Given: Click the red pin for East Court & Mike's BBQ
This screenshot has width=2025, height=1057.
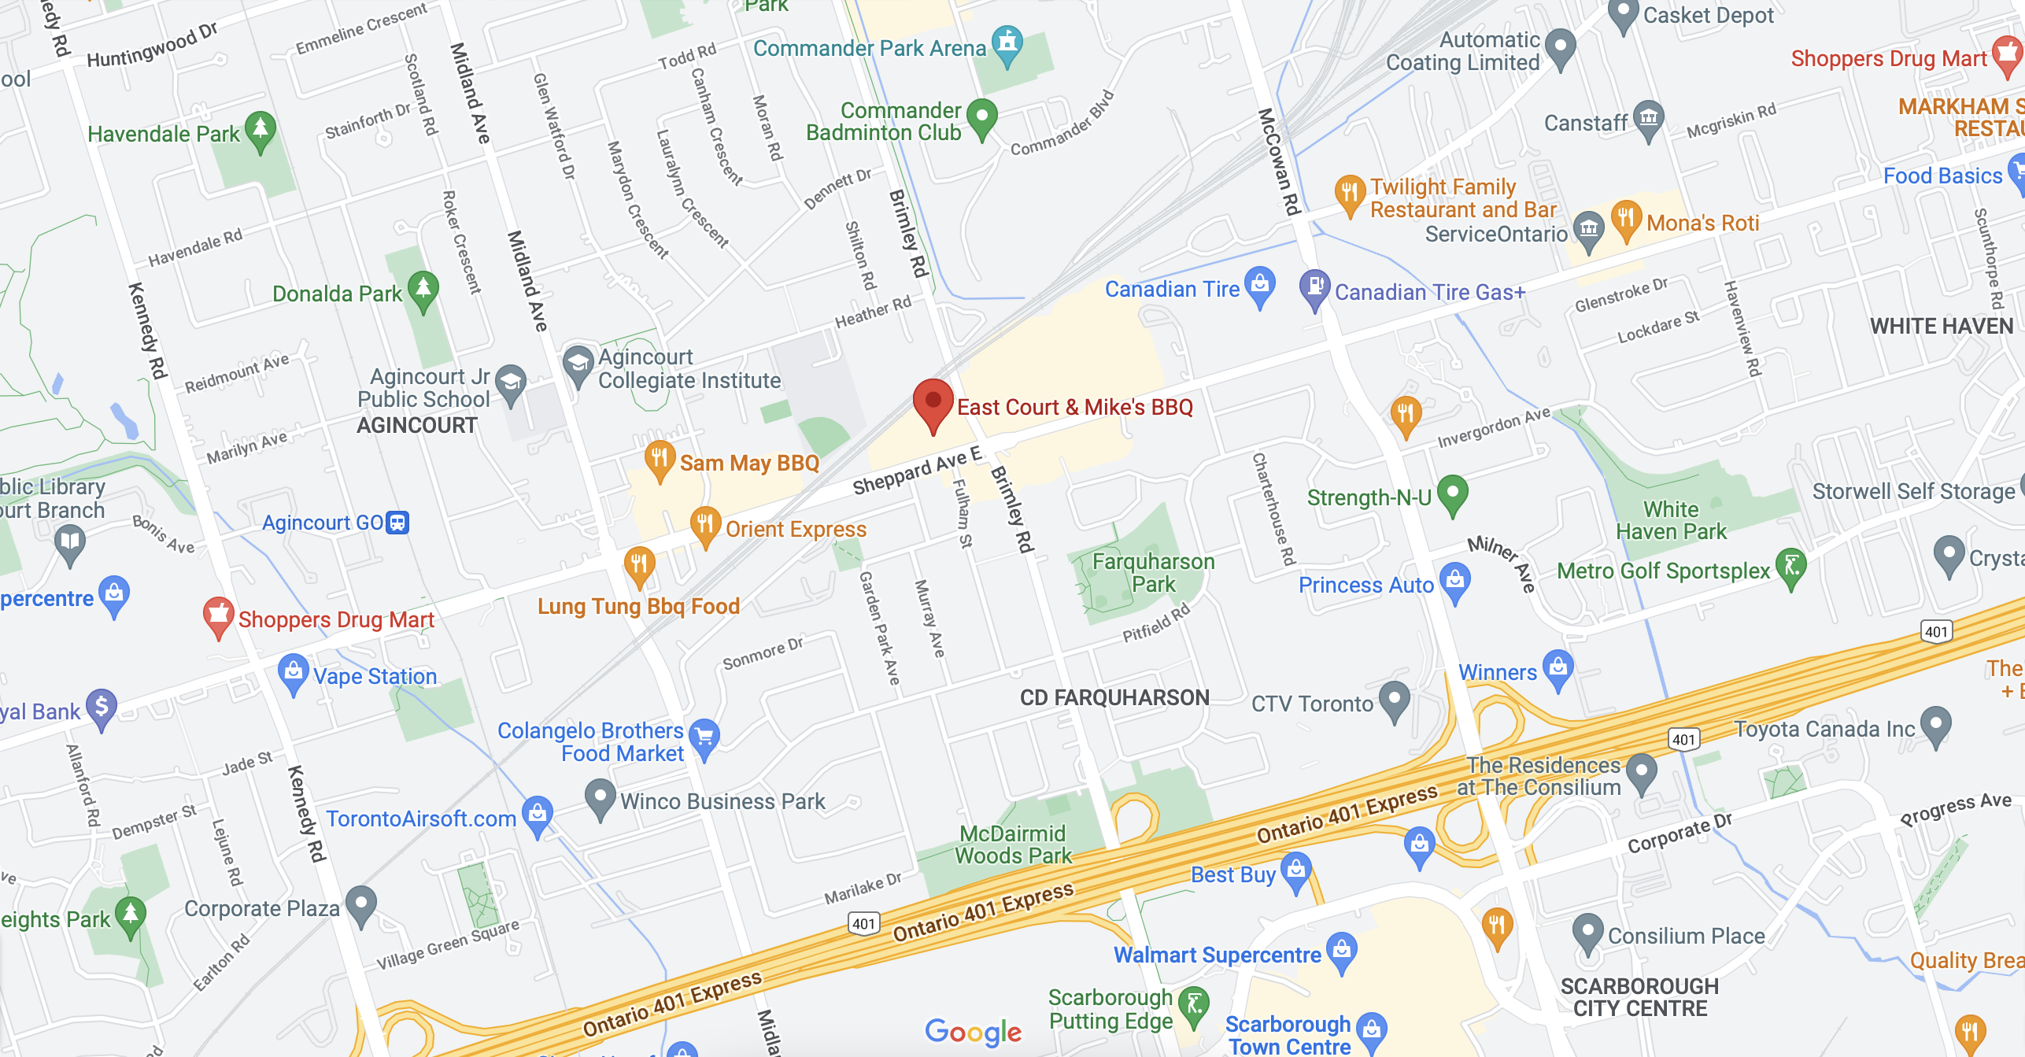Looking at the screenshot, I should pyautogui.click(x=933, y=401).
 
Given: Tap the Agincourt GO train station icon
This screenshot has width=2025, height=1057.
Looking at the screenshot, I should pyautogui.click(x=398, y=523).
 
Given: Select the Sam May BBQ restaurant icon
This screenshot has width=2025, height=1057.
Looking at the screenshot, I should pyautogui.click(x=660, y=457).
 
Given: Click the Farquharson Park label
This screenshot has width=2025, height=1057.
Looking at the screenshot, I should pyautogui.click(x=1153, y=572).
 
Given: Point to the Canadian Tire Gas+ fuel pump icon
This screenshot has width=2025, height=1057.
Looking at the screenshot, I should pyautogui.click(x=1314, y=286).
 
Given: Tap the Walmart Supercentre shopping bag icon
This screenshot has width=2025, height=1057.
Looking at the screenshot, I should pyautogui.click(x=1341, y=949).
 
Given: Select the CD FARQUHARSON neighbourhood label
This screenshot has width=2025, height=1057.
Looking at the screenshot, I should pyautogui.click(x=1114, y=697).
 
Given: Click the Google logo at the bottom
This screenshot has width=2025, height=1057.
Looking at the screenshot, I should pyautogui.click(x=973, y=1031).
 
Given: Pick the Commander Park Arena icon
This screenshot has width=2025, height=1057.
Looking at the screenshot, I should pyautogui.click(x=1007, y=43).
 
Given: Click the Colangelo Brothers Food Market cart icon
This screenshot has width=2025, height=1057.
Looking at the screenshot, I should pyautogui.click(x=704, y=736).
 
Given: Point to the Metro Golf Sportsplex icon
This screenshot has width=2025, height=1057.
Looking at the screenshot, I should pyautogui.click(x=1791, y=566).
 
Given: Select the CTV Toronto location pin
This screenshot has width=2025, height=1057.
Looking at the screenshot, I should pyautogui.click(x=1395, y=698).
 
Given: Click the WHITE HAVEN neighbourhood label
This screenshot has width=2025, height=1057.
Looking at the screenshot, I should pyautogui.click(x=1941, y=326).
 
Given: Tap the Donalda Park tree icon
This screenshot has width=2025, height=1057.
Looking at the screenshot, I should pyautogui.click(x=423, y=288).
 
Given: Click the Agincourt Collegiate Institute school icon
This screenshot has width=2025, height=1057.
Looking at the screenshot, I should pyautogui.click(x=578, y=364).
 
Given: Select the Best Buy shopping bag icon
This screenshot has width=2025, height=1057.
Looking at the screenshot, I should pyautogui.click(x=1295, y=870).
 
